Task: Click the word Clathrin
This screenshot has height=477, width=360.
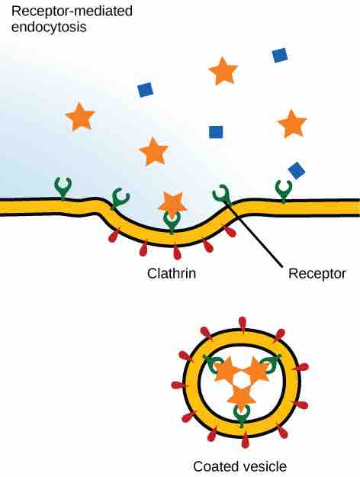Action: click(172, 273)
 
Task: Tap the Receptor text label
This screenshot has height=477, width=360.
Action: click(317, 274)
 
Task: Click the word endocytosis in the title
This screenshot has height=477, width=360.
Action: click(49, 27)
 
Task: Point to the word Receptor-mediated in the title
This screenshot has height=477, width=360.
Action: click(72, 11)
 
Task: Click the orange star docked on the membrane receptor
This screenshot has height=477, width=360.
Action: click(172, 202)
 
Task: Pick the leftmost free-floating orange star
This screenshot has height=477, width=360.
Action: click(80, 117)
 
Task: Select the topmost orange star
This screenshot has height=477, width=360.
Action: click(223, 72)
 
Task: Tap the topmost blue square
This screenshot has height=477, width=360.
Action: click(280, 55)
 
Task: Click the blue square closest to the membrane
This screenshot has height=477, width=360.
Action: click(297, 170)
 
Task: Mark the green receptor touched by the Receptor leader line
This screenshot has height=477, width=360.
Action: click(222, 194)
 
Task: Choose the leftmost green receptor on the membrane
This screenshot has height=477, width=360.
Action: click(63, 189)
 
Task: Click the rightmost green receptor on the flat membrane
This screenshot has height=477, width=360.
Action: click(284, 191)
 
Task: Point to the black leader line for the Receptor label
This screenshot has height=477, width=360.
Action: click(255, 234)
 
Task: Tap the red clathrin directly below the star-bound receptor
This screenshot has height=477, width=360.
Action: click(177, 252)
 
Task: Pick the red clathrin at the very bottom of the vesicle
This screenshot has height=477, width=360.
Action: click(246, 440)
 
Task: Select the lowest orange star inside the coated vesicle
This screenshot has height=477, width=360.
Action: click(242, 397)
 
